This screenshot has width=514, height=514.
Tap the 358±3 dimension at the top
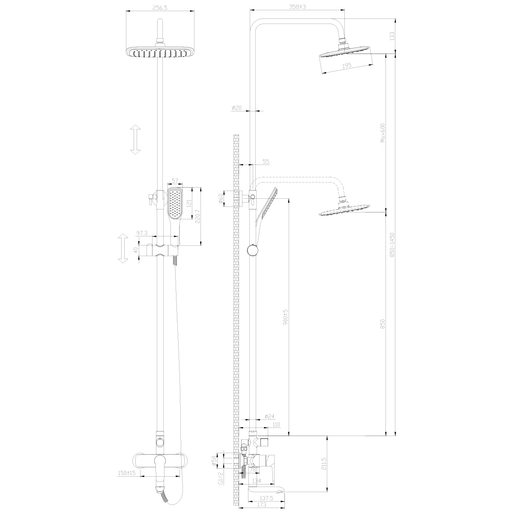coord(298,7)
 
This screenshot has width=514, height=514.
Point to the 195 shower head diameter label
coord(347,66)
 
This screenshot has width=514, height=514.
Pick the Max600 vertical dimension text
coord(383,133)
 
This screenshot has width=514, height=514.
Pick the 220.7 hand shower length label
coord(198,216)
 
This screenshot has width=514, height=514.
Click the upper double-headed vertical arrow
coord(135,140)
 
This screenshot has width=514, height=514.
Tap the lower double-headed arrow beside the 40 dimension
coord(123,248)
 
